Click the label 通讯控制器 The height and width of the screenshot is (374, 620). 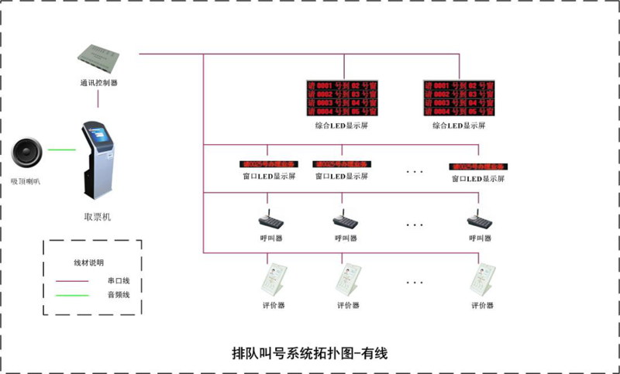coord(98,82)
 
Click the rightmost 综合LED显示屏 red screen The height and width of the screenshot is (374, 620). coord(459,97)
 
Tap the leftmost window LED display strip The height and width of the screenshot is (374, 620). coord(268,165)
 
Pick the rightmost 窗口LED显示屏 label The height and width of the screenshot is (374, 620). coord(478,178)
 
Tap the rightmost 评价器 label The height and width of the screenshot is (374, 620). coord(481,305)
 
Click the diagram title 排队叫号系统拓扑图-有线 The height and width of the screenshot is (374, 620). coord(309,353)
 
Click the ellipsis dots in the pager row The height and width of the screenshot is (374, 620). coord(415,225)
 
